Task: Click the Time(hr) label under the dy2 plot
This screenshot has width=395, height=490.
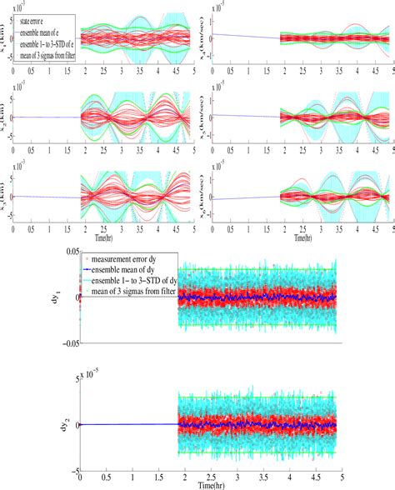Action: click(208, 483)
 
